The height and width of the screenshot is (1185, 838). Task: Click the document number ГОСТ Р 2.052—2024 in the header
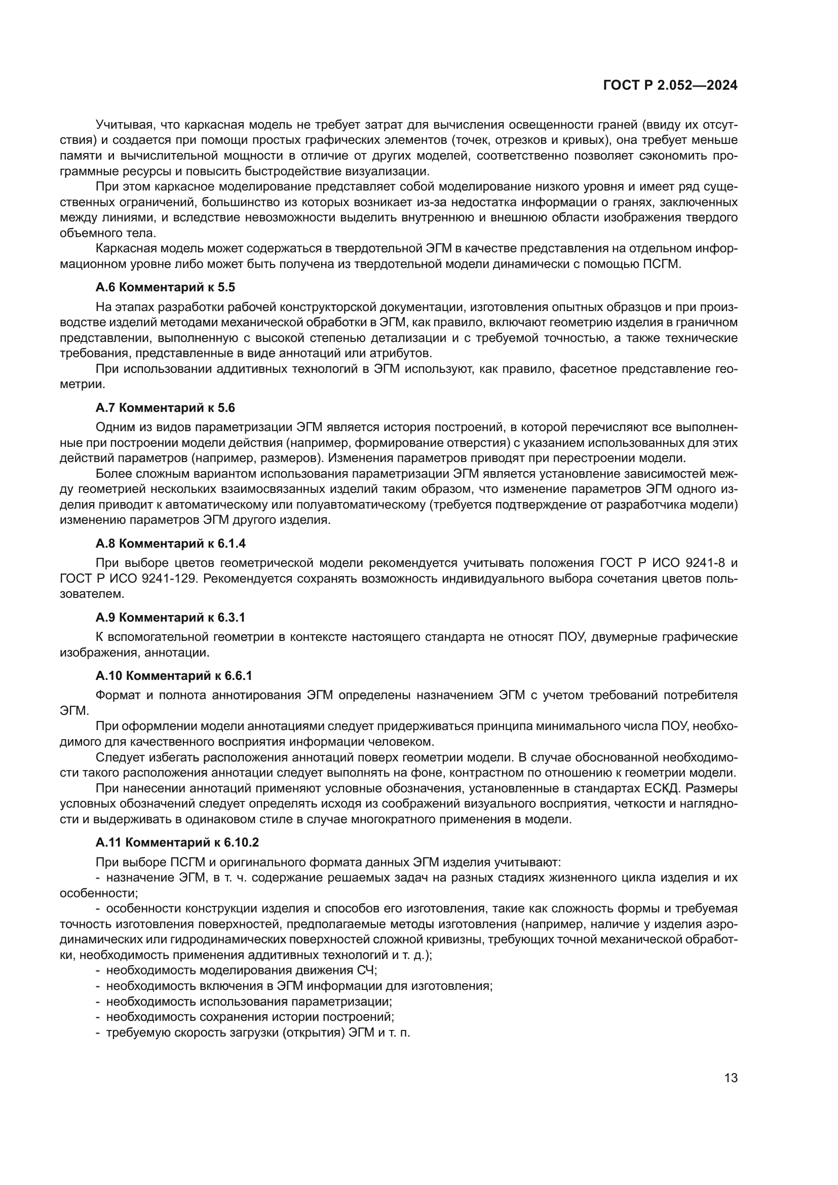pos(670,86)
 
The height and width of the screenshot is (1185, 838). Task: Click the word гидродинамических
pos(204,940)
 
